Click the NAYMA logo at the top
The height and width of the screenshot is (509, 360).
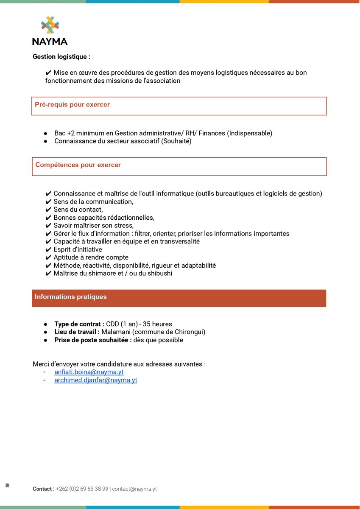[x=50, y=31]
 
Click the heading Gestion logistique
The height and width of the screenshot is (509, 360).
[x=61, y=56]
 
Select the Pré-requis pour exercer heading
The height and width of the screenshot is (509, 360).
[x=72, y=105]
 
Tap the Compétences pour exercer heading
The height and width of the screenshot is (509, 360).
[x=78, y=165]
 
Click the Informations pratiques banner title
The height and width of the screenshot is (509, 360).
[x=71, y=297]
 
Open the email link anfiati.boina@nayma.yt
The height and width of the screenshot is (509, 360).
[x=89, y=372]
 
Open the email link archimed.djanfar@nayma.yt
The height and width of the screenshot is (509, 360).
[x=96, y=380]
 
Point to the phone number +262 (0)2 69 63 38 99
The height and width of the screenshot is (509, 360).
[x=82, y=489]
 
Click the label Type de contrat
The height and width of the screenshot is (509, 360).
[x=79, y=324]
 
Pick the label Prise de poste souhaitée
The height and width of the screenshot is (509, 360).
[x=92, y=340]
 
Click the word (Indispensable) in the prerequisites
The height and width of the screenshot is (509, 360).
[x=250, y=133]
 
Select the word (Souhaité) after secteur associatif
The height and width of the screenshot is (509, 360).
[x=176, y=141]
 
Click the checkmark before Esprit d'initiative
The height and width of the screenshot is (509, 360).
[x=48, y=249]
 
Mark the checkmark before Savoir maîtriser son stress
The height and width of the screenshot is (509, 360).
[x=48, y=225]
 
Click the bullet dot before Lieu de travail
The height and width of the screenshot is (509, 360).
[x=45, y=332]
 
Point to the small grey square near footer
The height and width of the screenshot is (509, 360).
[x=7, y=485]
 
